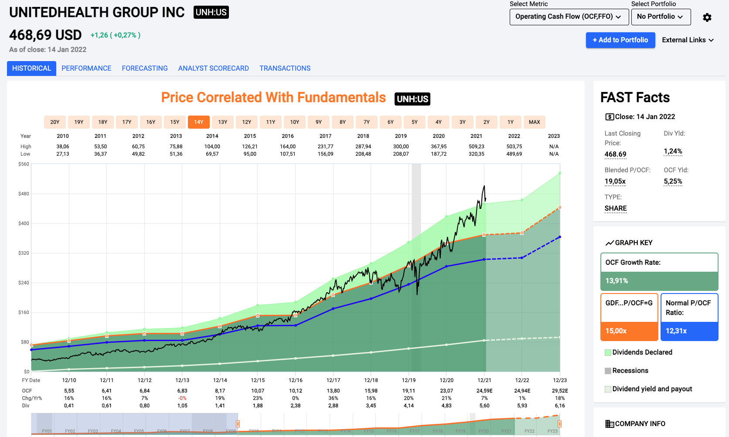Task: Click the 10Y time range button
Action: pos(295,122)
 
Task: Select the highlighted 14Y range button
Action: pos(199,122)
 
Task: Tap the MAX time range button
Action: pos(534,122)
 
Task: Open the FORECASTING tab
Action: pos(145,68)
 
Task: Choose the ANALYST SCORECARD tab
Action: pos(213,68)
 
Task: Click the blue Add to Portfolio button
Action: pos(620,40)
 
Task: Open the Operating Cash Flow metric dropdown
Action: pos(569,17)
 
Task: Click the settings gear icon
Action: pos(707,17)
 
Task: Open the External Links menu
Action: pos(688,40)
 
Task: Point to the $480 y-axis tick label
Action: pos(24,194)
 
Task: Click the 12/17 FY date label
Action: pos(333,380)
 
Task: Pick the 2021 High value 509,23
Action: pos(476,147)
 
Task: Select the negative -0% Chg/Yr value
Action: pos(182,398)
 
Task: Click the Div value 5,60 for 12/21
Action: pos(484,406)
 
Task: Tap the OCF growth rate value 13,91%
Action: pos(617,281)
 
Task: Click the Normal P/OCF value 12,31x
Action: pos(676,331)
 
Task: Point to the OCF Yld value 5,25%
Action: pos(673,181)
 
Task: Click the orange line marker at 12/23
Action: pos(560,208)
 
